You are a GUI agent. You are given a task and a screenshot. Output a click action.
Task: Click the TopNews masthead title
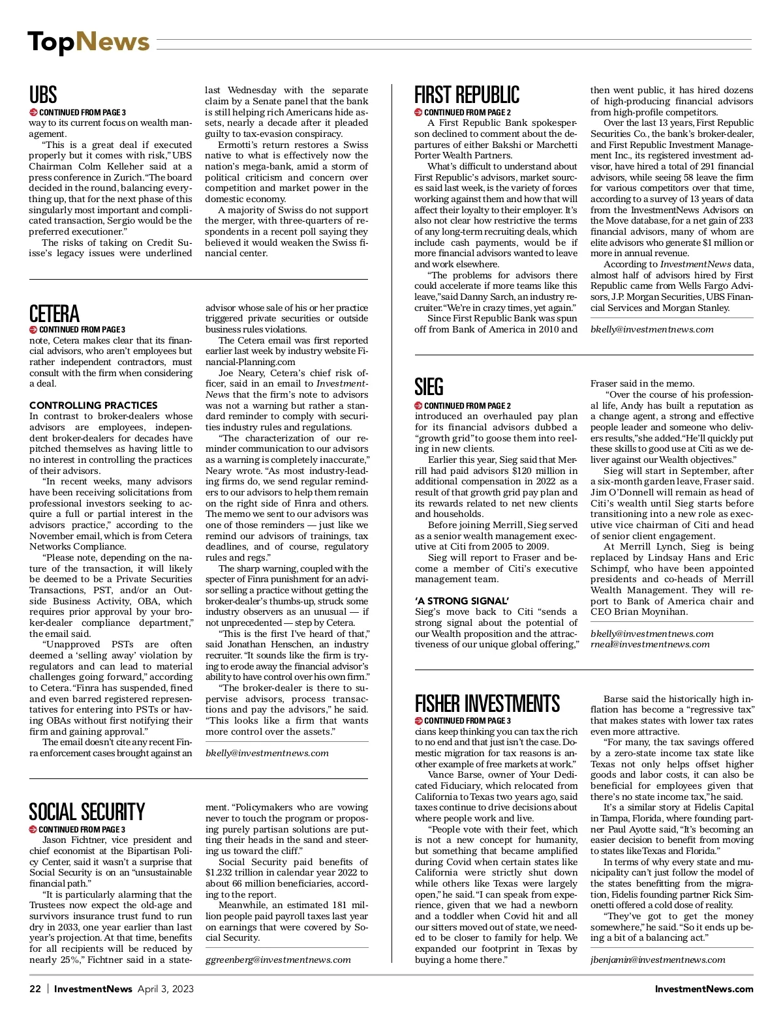88,42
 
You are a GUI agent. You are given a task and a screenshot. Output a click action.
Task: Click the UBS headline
43,95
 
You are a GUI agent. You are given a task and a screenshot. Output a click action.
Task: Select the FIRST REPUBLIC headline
467,95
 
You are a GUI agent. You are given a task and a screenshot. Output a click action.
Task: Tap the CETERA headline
54,314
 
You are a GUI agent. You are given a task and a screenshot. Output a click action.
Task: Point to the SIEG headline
429,387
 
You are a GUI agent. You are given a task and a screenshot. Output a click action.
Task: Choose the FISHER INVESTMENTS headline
487,703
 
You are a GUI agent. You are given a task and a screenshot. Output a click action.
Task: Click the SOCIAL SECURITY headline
87,812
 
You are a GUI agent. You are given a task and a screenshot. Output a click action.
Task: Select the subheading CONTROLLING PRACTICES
93,405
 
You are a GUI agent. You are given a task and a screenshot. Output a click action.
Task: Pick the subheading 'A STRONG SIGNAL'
462,601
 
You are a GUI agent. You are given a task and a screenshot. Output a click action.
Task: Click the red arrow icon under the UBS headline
33,112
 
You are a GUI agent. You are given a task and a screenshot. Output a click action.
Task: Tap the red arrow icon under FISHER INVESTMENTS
419,721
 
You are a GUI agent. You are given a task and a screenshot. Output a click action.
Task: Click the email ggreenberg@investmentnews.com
278,960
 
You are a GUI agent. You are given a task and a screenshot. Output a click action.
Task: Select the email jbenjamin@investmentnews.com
658,960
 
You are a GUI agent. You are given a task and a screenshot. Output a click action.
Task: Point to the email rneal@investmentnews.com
650,644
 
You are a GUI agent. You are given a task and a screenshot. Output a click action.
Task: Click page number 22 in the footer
35,989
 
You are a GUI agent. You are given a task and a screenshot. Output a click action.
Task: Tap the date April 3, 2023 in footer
166,989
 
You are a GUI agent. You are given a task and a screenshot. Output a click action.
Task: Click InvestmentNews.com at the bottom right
704,989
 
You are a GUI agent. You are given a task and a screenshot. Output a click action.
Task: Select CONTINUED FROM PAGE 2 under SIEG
467,405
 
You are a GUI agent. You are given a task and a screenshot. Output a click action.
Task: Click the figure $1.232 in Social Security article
222,873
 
